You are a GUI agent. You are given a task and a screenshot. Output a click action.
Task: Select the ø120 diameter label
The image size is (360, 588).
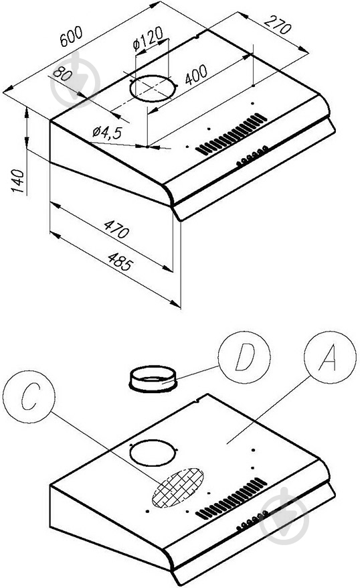148,38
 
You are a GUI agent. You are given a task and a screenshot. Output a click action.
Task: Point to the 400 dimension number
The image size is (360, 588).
195,74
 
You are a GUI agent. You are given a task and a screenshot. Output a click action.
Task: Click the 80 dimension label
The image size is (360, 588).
62,74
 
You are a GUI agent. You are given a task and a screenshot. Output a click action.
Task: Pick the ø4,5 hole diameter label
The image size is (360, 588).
108,132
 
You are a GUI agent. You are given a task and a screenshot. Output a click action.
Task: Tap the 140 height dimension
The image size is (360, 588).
17,181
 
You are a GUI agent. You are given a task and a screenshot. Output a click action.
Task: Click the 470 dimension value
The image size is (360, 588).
116,229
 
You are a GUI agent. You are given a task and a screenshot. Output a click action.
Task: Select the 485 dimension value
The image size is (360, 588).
120,262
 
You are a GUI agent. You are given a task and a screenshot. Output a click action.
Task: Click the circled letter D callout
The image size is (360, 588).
244,357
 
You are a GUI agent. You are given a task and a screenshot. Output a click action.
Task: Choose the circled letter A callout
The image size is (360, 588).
330,357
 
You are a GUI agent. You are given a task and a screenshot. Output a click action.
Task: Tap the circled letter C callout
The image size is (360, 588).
29,396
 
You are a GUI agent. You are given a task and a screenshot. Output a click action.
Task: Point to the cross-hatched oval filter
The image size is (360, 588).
178,488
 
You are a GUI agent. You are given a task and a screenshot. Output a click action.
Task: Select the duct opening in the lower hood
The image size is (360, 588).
153,453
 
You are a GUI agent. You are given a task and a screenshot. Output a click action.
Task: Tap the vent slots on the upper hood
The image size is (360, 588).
232,134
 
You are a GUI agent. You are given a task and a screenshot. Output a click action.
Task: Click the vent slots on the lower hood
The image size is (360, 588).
232,499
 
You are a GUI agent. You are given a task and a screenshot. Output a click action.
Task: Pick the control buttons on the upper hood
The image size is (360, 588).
252,156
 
